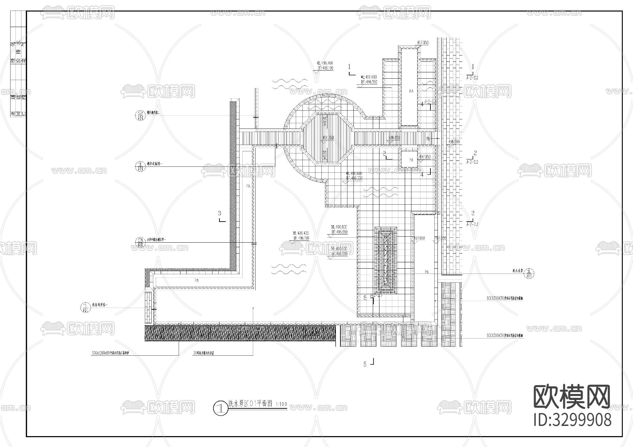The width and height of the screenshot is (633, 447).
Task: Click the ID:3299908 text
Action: pos(573,420)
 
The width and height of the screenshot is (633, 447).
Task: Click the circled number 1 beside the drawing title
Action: pos(220,408)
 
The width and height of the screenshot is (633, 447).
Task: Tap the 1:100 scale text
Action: pos(281,405)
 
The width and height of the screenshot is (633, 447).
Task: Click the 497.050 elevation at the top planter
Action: pos(423,42)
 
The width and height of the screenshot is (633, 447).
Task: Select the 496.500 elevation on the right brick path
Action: pos(454,142)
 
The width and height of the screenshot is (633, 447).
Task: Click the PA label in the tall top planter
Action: pos(411,91)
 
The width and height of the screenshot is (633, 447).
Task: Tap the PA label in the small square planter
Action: pos(411,160)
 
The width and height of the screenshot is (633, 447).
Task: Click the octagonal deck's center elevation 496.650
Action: pos(328,138)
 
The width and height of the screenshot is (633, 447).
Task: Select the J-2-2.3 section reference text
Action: pos(472,224)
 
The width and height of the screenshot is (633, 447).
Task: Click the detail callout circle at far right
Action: pos(531,273)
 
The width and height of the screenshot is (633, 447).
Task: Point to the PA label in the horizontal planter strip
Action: pos(197,281)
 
